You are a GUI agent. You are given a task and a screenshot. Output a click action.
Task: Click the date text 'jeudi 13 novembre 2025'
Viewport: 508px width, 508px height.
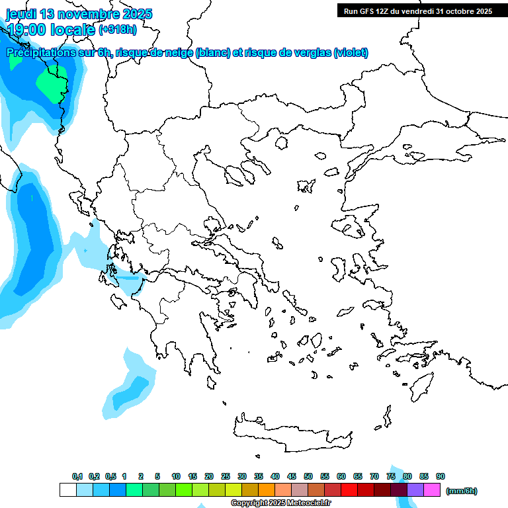coord(79,14)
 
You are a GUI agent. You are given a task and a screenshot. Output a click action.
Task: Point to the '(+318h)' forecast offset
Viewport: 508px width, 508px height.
coord(118,29)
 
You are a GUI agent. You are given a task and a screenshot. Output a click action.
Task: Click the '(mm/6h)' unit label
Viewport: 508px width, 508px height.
coord(462,491)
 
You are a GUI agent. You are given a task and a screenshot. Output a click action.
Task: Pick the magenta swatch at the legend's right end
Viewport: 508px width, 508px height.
coord(432,490)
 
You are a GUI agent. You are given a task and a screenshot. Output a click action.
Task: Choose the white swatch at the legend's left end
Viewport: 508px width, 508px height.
coord(67,490)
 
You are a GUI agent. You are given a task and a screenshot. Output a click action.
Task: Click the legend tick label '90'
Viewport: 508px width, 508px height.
coord(441,476)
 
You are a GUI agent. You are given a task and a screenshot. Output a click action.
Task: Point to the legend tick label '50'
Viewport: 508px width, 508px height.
coord(308,476)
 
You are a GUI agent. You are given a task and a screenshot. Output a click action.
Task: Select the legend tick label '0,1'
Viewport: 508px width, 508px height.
coord(77,476)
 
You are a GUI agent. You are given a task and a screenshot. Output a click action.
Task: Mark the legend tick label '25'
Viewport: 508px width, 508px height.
coord(226,476)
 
